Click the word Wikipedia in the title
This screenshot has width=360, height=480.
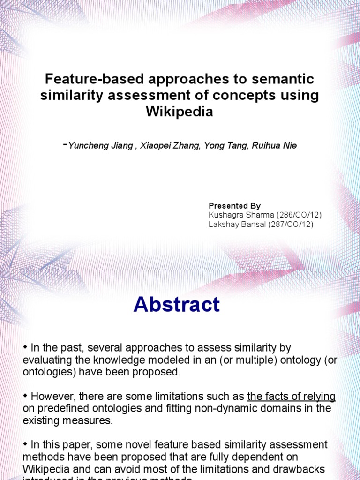coord(180,112)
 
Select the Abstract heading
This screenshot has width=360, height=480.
coord(177,305)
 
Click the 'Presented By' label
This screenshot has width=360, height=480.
coord(234,206)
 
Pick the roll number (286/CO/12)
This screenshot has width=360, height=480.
coord(299,215)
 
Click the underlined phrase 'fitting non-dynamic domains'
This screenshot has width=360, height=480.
coord(233,408)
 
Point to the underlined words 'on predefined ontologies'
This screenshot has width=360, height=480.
coord(82,408)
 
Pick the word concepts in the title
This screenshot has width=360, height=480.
coord(235,96)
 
